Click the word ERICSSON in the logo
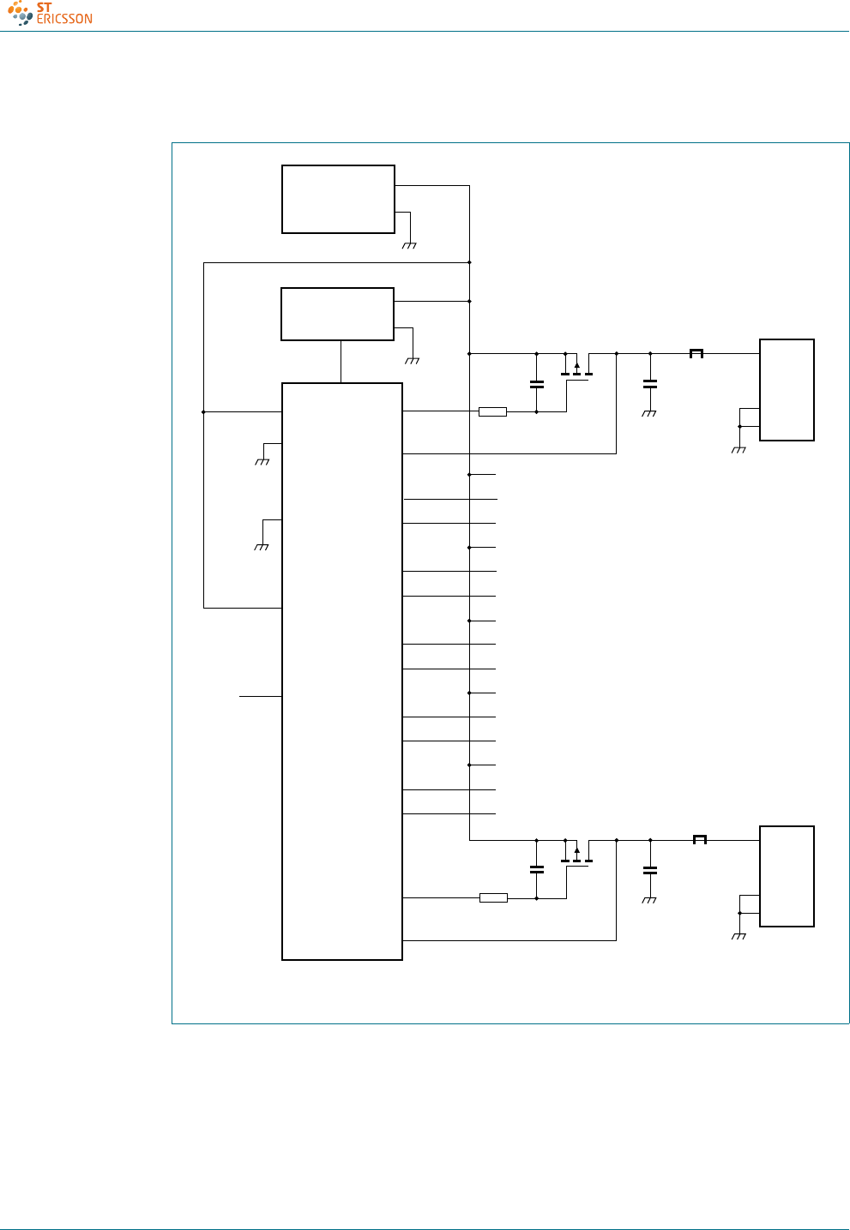tap(64, 19)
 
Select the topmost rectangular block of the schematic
tap(338, 199)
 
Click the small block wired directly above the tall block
tap(337, 314)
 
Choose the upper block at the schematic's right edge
tap(787, 390)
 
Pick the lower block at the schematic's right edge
tap(787, 876)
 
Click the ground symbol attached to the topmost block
tap(409, 245)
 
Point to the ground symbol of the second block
tap(412, 360)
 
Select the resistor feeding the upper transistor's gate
tap(492, 412)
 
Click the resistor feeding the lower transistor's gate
tap(493, 898)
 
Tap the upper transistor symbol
tap(577, 368)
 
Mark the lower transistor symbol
tap(577, 855)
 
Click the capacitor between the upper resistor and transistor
tap(537, 384)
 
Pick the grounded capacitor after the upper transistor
tap(650, 384)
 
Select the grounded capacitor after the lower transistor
tap(650, 870)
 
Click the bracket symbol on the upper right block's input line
tap(696, 353)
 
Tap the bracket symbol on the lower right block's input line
tap(700, 839)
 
